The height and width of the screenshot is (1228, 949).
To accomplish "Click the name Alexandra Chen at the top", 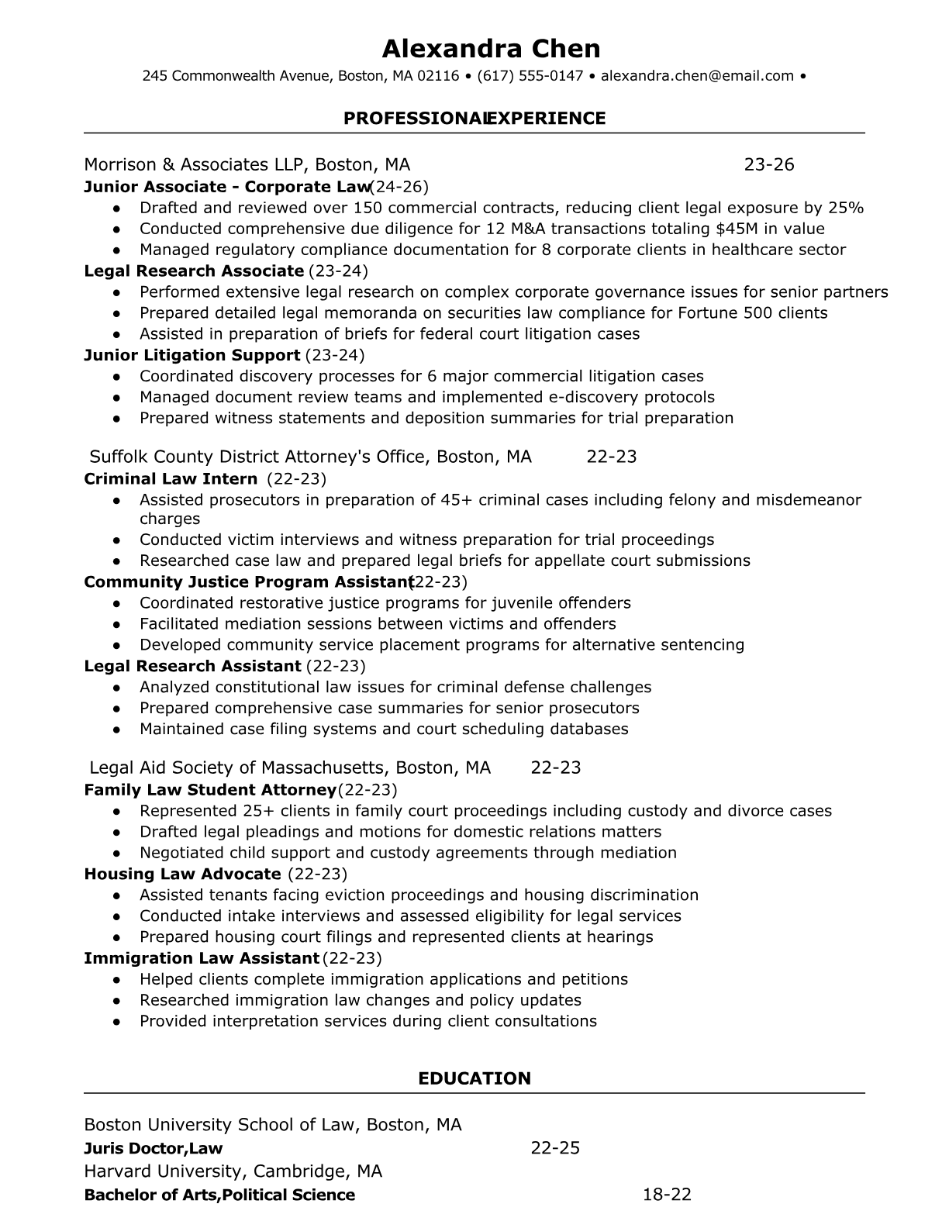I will (491, 49).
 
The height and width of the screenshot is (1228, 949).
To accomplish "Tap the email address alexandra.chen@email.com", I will (697, 76).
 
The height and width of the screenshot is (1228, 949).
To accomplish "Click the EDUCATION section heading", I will (474, 1078).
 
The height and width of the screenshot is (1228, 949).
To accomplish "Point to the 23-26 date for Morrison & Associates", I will (769, 164).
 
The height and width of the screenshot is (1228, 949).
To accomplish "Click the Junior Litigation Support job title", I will (192, 355).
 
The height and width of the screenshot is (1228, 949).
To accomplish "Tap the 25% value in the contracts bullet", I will (846, 208).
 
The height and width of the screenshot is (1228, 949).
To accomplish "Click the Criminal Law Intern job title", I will (171, 479).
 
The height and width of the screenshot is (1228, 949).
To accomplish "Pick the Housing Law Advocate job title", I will (182, 874).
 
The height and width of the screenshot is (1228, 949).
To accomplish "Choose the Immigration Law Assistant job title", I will (202, 958).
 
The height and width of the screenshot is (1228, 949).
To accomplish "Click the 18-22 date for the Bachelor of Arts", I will (667, 1195).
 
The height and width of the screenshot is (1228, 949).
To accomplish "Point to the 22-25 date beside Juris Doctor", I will (555, 1148).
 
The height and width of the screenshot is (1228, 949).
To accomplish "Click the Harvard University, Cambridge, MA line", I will (233, 1171).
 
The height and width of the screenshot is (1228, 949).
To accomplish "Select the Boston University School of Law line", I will (272, 1125).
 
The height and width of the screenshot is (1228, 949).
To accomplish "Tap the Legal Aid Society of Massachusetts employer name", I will (290, 767).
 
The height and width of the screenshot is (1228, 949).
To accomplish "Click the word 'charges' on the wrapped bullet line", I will (170, 519).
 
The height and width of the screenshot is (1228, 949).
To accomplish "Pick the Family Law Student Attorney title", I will (209, 790).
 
